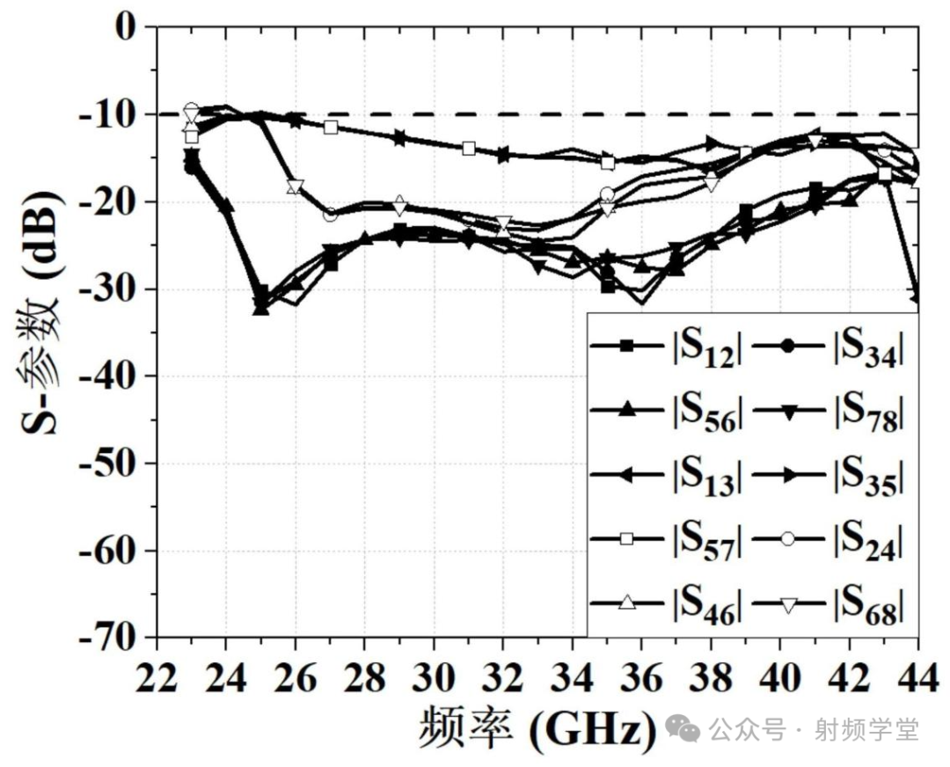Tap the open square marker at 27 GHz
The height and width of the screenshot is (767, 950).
[331, 128]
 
